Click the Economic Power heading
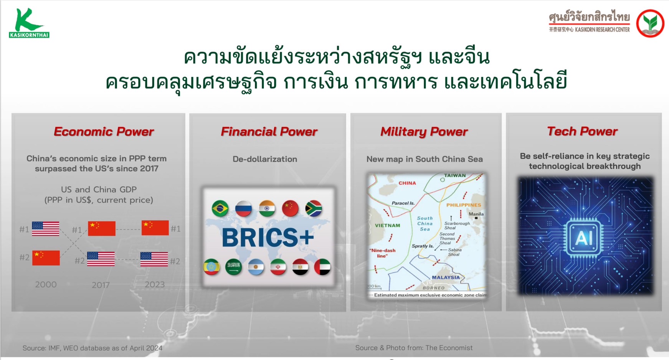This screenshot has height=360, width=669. click(104, 132)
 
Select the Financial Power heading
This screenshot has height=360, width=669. click(269, 132)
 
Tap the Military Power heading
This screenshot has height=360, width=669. click(424, 132)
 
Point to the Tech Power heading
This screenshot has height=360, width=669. click(582, 131)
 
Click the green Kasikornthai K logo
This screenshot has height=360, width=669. click(29, 23)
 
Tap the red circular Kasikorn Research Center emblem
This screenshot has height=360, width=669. click(650, 23)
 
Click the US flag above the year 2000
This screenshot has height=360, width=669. click(46, 229)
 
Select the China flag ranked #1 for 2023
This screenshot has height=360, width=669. click(155, 228)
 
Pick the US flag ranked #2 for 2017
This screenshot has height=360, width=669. click(101, 259)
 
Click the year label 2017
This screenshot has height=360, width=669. click(101, 285)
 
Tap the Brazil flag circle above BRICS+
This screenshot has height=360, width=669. click(220, 209)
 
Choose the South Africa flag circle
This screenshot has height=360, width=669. click(314, 208)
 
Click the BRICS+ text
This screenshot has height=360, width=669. click(268, 238)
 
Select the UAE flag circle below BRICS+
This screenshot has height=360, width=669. click(322, 267)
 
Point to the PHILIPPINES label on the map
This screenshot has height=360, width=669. click(464, 205)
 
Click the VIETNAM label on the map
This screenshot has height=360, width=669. click(387, 225)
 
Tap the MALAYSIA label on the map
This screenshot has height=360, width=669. click(446, 277)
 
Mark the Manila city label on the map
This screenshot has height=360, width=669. click(476, 214)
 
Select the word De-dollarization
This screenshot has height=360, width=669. click(265, 159)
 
